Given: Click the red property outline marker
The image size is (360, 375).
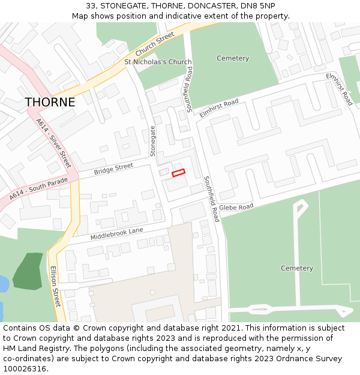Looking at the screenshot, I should (178, 173).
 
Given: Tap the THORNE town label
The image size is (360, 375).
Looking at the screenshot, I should (50, 103).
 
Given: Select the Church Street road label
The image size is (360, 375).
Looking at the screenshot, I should (154, 44).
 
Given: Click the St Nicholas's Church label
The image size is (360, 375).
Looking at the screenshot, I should (158, 62).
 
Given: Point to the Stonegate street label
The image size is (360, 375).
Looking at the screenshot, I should (153, 141).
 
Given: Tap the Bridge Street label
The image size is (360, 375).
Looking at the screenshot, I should (113, 170).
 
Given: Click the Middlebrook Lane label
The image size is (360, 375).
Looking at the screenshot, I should (117, 233).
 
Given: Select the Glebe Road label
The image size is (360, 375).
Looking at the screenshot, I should (236, 208).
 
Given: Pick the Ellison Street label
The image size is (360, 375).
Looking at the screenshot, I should (55, 286).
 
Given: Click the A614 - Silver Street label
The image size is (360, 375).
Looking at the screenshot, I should (53, 143).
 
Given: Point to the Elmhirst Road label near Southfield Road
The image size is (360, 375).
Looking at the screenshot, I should (219, 108).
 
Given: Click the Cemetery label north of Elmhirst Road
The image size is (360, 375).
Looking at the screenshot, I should (233, 58).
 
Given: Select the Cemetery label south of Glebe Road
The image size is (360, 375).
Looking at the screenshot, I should (297, 268).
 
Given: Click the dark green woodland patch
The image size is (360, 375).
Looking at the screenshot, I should (28, 273).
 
